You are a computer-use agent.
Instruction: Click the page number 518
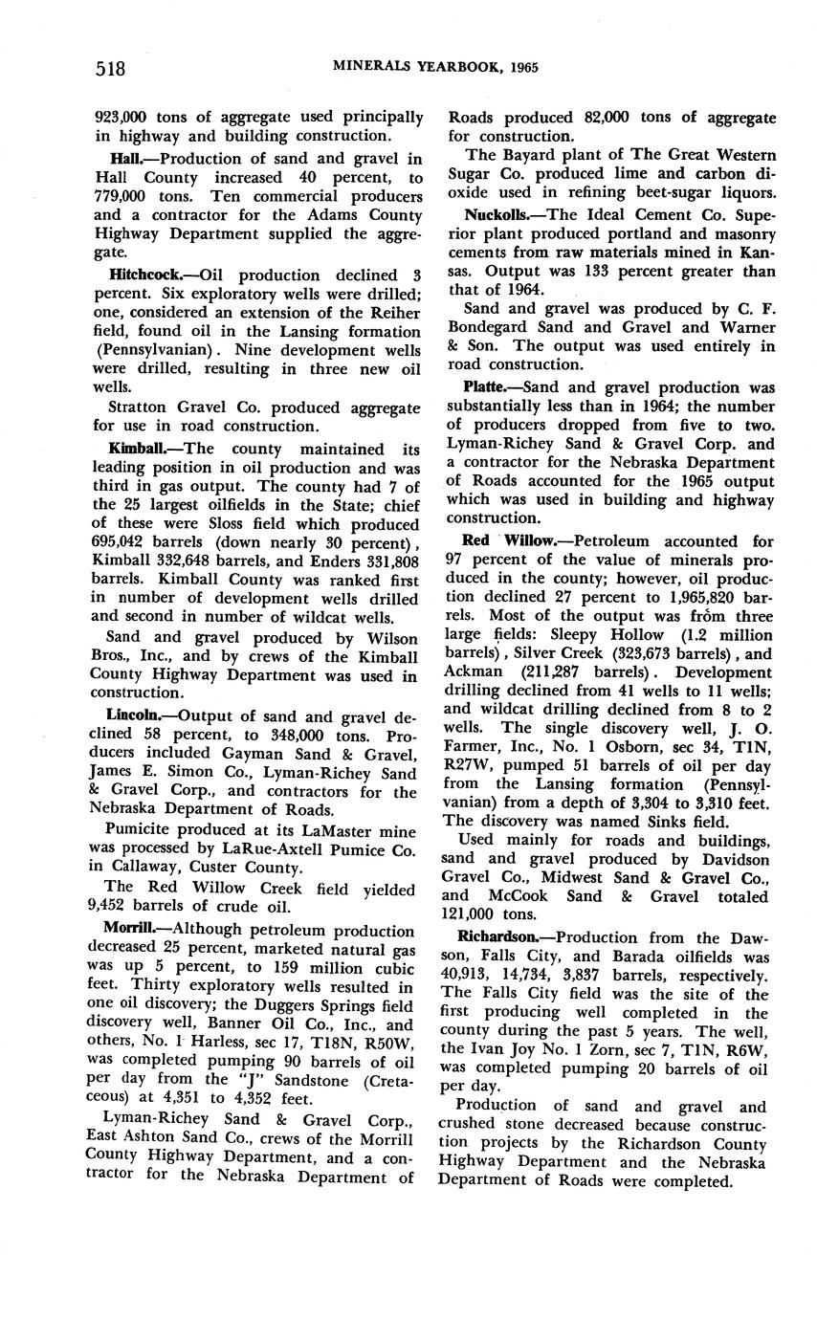(111, 68)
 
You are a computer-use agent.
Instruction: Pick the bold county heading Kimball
(133, 449)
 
